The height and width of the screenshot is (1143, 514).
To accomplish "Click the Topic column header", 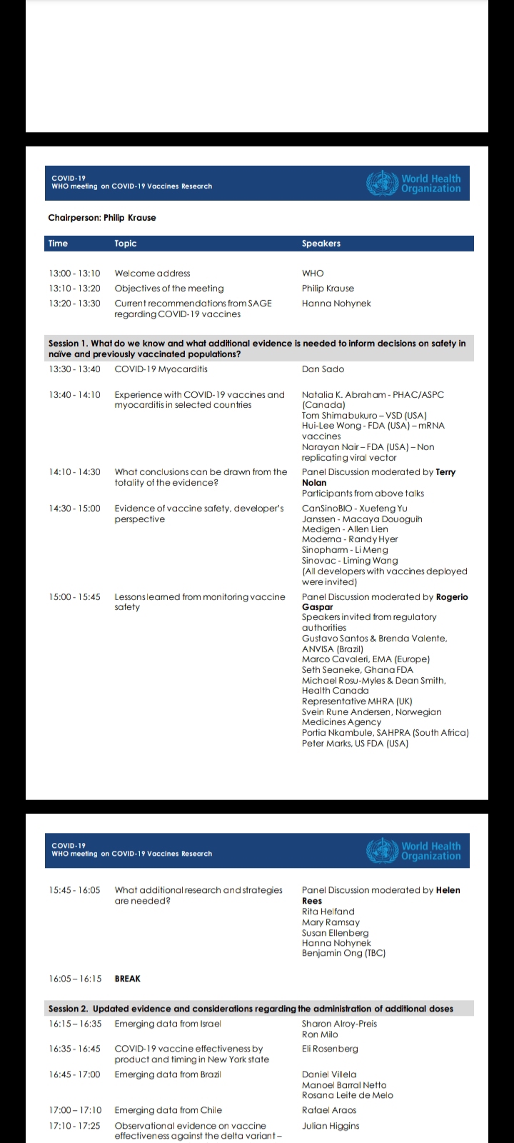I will (126, 244).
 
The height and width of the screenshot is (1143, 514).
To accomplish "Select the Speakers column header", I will (321, 244).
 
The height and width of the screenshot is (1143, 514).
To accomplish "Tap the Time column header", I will (58, 244).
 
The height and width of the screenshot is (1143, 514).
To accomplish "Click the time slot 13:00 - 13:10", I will (74, 274).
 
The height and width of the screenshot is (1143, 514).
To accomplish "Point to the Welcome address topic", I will (152, 274).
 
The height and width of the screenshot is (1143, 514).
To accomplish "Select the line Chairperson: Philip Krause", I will (101, 218).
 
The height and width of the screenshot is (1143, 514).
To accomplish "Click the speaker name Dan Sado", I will (323, 369).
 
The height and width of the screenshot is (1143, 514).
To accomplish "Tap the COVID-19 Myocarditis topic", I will (161, 369).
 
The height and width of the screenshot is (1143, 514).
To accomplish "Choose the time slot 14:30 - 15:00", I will (74, 509).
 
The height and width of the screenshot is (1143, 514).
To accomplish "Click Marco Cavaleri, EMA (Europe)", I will (366, 659).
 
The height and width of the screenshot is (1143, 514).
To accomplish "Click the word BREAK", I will (128, 979).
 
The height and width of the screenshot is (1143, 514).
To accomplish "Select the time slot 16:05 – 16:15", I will (75, 979).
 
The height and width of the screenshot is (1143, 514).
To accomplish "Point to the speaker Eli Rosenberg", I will (330, 1049).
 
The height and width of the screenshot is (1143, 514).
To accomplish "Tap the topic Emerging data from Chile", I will (168, 1110).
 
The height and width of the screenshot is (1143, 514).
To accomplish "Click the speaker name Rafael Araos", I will (329, 1110).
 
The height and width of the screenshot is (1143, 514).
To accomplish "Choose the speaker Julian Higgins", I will (331, 1126).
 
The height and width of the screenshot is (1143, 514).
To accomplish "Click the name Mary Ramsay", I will (331, 922).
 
